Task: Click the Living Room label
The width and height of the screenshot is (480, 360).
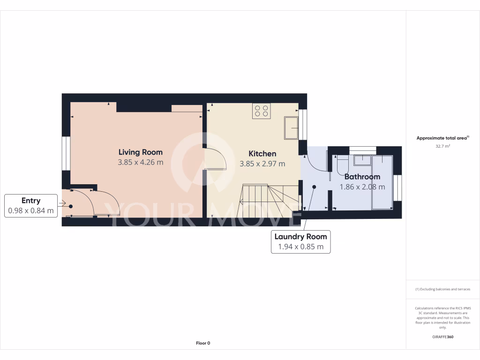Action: (x=141, y=152)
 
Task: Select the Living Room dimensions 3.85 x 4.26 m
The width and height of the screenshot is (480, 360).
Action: (x=141, y=163)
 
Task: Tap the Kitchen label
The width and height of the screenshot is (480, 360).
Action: (x=262, y=153)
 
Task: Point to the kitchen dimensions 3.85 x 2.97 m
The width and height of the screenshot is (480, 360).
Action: (x=262, y=164)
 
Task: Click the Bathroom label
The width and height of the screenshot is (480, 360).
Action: (x=362, y=177)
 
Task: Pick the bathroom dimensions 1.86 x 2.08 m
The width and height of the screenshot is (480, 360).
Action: (x=362, y=187)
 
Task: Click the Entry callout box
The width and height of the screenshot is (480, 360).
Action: (x=31, y=206)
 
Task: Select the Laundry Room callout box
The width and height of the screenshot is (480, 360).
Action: (x=300, y=242)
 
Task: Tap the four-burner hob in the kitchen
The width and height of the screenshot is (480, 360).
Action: (x=262, y=111)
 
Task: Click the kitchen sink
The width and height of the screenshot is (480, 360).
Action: (x=291, y=128)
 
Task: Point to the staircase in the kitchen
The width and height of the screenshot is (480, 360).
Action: (x=267, y=201)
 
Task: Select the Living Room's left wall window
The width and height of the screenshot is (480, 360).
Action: (x=66, y=153)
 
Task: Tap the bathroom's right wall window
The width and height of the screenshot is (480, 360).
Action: (x=397, y=187)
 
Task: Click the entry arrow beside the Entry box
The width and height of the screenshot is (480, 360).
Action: (x=62, y=203)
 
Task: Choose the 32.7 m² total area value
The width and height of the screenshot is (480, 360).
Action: (x=442, y=146)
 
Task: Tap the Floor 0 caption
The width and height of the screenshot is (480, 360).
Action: (x=203, y=343)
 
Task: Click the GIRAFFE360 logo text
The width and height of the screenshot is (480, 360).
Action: (x=442, y=337)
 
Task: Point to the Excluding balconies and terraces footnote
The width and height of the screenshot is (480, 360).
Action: (x=442, y=289)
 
